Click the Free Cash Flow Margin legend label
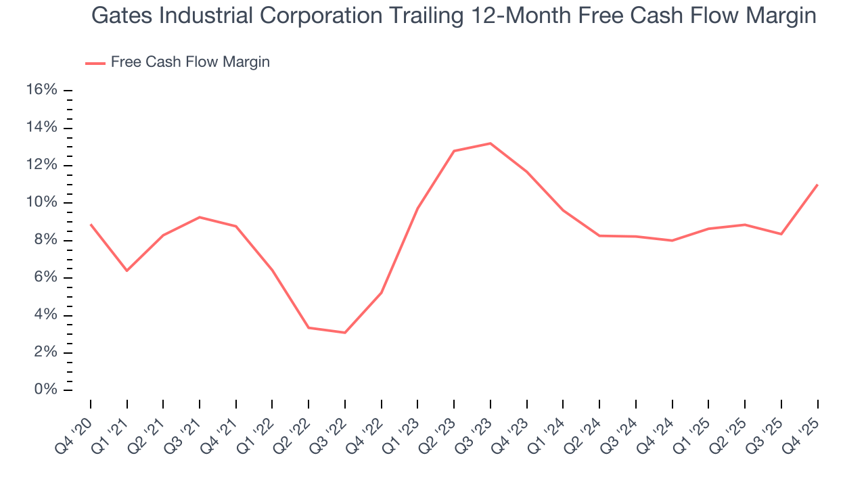click(190, 62)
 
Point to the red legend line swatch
click(95, 63)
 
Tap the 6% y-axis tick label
click(44, 278)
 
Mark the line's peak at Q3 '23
click(491, 143)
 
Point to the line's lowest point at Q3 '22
click(345, 333)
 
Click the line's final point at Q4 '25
click(817, 185)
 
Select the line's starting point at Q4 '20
click(91, 225)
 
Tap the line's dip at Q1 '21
click(127, 271)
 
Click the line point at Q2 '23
click(454, 151)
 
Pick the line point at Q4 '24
click(672, 240)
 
